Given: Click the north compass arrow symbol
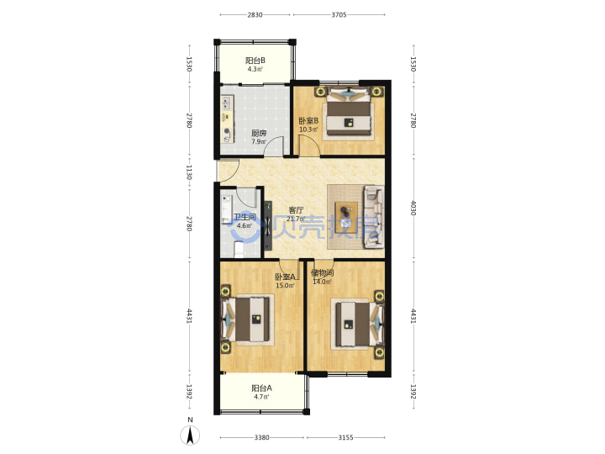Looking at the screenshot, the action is click(x=190, y=436).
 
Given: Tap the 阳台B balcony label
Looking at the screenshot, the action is click(x=255, y=61).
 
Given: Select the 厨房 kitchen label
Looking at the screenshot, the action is click(x=259, y=134).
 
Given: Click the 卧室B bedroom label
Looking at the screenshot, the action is click(x=308, y=121).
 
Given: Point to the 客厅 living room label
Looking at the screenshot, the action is click(x=297, y=210).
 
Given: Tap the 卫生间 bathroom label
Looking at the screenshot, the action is click(x=245, y=217).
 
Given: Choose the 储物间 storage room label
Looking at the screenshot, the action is click(x=322, y=273).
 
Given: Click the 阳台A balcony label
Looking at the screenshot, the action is click(x=261, y=388).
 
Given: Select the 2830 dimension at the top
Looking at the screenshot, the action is click(x=255, y=14).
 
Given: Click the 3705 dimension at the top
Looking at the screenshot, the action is click(x=339, y=14).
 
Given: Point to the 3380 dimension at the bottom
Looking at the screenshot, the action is click(x=261, y=437).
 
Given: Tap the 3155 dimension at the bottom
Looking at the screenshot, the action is click(x=345, y=437).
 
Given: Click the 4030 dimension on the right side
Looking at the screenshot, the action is click(x=413, y=209).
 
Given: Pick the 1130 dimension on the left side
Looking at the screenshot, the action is click(x=189, y=172).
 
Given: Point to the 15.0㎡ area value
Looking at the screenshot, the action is click(x=285, y=286).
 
